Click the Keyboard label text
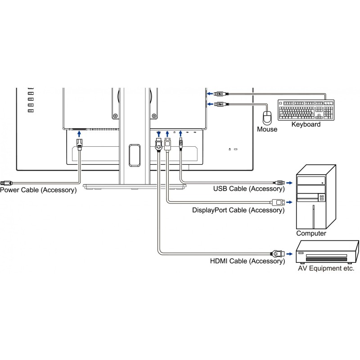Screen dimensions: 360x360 pyautogui.click(x=306, y=124)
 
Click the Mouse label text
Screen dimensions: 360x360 pyautogui.click(x=267, y=129)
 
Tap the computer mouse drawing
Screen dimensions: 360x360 pyautogui.click(x=268, y=117)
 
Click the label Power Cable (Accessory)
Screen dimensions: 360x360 pyautogui.click(x=38, y=190)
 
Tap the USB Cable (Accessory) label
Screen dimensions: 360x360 pyautogui.click(x=249, y=189)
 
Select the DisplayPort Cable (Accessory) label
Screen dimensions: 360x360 pyautogui.click(x=238, y=210)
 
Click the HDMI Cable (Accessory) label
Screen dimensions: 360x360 pyautogui.click(x=247, y=261)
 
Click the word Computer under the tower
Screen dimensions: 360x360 pyautogui.click(x=311, y=234)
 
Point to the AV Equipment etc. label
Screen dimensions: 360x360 pyautogui.click(x=326, y=269)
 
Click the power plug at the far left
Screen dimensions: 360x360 pyautogui.click(x=6, y=183)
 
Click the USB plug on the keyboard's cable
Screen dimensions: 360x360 pyautogui.click(x=219, y=94)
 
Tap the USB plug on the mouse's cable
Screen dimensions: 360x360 pyautogui.click(x=219, y=104)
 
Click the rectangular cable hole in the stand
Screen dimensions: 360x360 pyautogui.click(x=134, y=155)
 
